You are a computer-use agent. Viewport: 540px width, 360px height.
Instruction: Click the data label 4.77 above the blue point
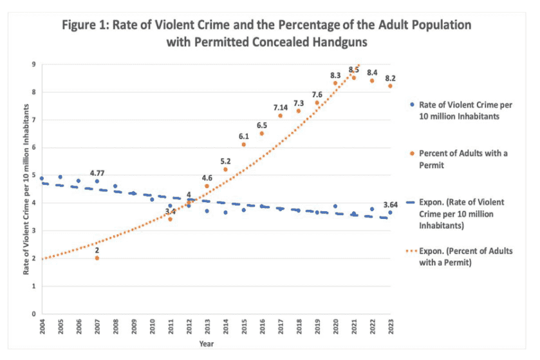pos(97,173)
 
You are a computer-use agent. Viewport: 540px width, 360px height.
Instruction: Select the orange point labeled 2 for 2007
pos(97,258)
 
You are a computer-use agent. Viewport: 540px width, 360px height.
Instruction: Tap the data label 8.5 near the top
pos(354,70)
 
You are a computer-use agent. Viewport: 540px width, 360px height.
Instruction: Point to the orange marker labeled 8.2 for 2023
pos(390,86)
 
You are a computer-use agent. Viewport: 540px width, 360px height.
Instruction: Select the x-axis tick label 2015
pos(243,328)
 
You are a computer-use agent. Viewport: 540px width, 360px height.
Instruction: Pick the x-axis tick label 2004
pos(42,328)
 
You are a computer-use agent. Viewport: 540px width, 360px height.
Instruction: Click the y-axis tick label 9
pos(34,64)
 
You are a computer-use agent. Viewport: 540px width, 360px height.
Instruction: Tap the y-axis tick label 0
pos(34,314)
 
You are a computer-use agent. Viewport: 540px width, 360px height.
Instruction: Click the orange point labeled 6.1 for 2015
pos(243,144)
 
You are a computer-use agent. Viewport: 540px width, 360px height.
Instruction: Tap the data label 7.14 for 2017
pos(280,107)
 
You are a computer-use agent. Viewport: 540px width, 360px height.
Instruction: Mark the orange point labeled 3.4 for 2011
pos(171,220)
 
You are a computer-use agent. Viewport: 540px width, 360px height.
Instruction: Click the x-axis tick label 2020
pos(335,328)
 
